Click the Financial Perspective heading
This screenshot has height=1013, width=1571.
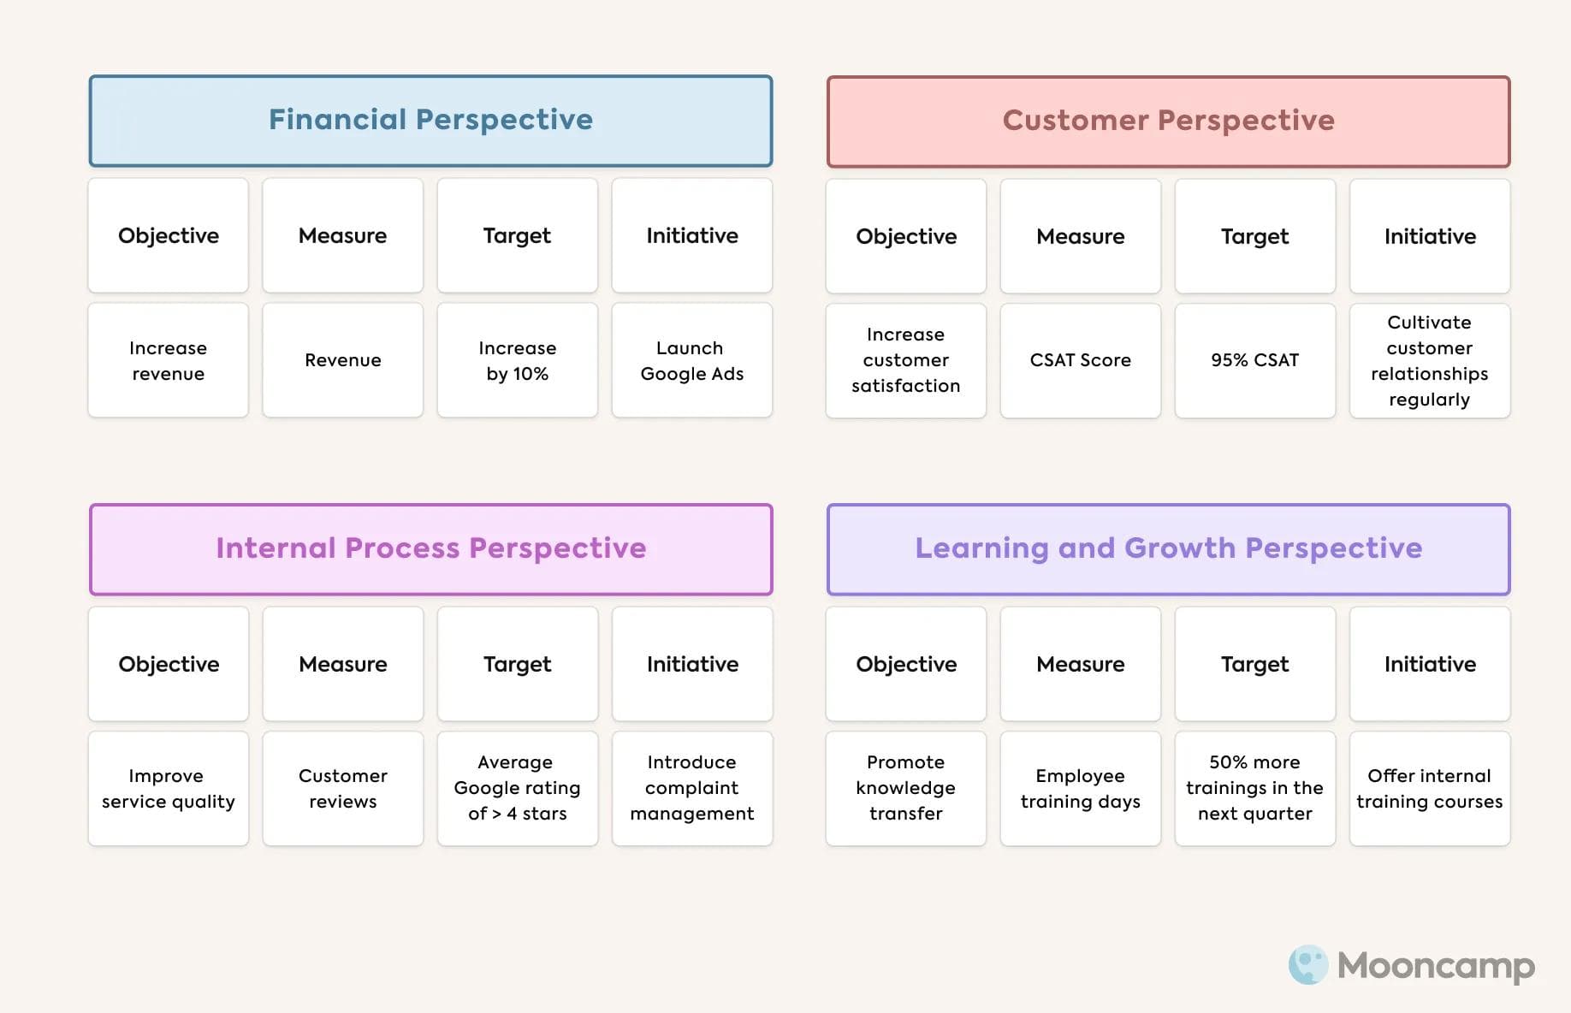click(430, 120)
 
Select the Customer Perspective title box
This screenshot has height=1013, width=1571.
click(1168, 121)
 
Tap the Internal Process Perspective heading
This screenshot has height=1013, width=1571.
click(430, 548)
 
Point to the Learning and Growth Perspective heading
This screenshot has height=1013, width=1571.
click(1168, 548)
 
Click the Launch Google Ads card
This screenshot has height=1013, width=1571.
click(691, 360)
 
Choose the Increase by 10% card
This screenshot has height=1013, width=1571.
click(517, 360)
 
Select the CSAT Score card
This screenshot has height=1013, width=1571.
click(1080, 360)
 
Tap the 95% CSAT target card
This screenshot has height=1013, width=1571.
click(1254, 360)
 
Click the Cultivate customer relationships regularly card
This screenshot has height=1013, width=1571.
click(1429, 360)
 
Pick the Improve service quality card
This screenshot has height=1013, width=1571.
click(168, 788)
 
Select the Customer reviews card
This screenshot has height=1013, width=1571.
click(342, 788)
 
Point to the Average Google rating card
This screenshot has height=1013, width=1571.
click(517, 788)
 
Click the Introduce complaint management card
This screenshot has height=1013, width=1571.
click(691, 788)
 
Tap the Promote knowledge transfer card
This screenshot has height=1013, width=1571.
click(905, 788)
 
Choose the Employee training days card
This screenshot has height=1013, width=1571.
click(1080, 788)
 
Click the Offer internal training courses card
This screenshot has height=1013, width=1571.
click(1429, 788)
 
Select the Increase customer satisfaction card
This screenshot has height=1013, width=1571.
click(905, 360)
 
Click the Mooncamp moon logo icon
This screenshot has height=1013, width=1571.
click(1307, 965)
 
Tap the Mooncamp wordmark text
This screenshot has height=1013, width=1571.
click(1436, 966)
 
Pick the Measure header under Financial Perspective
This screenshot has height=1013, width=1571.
click(342, 235)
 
